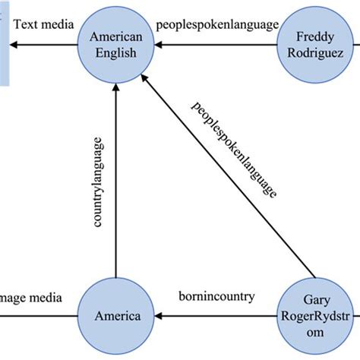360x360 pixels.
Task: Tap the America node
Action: tap(115, 315)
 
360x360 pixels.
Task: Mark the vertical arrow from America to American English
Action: tap(115, 182)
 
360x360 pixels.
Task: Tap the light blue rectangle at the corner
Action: tap(5, 42)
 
